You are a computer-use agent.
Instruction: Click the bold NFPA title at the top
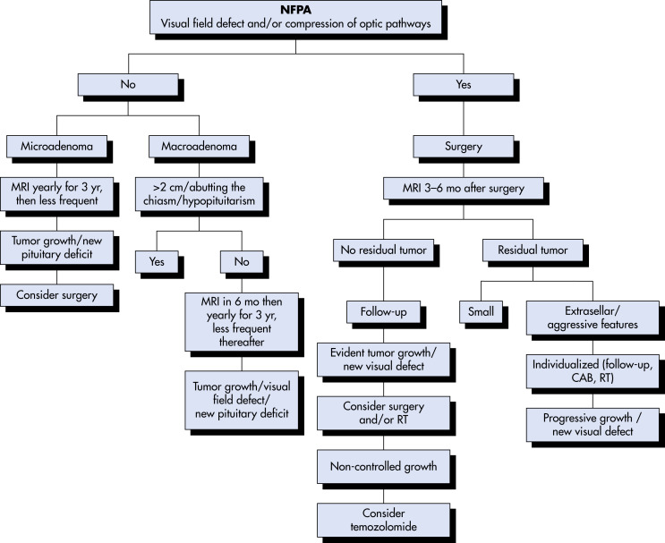[x=295, y=9]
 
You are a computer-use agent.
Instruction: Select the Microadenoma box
[x=56, y=147]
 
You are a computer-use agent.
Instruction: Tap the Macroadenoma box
[x=199, y=147]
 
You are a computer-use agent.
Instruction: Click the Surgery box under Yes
[x=464, y=147]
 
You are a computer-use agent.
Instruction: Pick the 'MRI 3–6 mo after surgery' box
[x=464, y=188]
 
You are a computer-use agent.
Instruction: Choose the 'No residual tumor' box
[x=383, y=250]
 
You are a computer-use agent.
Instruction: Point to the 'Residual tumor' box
[x=533, y=250]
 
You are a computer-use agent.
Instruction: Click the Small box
[x=481, y=312]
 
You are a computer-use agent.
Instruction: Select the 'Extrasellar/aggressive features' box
[x=593, y=318]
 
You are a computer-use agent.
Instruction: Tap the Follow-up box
[x=383, y=312]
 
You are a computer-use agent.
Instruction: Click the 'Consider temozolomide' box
[x=383, y=520]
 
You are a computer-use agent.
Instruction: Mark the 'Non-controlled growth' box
[x=383, y=467]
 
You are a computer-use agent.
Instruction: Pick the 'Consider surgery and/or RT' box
[x=383, y=413]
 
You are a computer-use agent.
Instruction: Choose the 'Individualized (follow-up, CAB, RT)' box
[x=593, y=371]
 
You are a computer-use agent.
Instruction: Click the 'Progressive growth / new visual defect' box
[x=593, y=425]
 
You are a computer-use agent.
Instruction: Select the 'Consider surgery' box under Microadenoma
[x=56, y=295]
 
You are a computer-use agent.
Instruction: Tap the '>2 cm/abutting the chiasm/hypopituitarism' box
[x=199, y=194]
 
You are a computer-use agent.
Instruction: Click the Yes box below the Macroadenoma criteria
[x=157, y=261]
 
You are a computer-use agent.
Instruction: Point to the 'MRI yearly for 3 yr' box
[x=56, y=194]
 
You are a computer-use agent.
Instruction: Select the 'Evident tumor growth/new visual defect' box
[x=383, y=360]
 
